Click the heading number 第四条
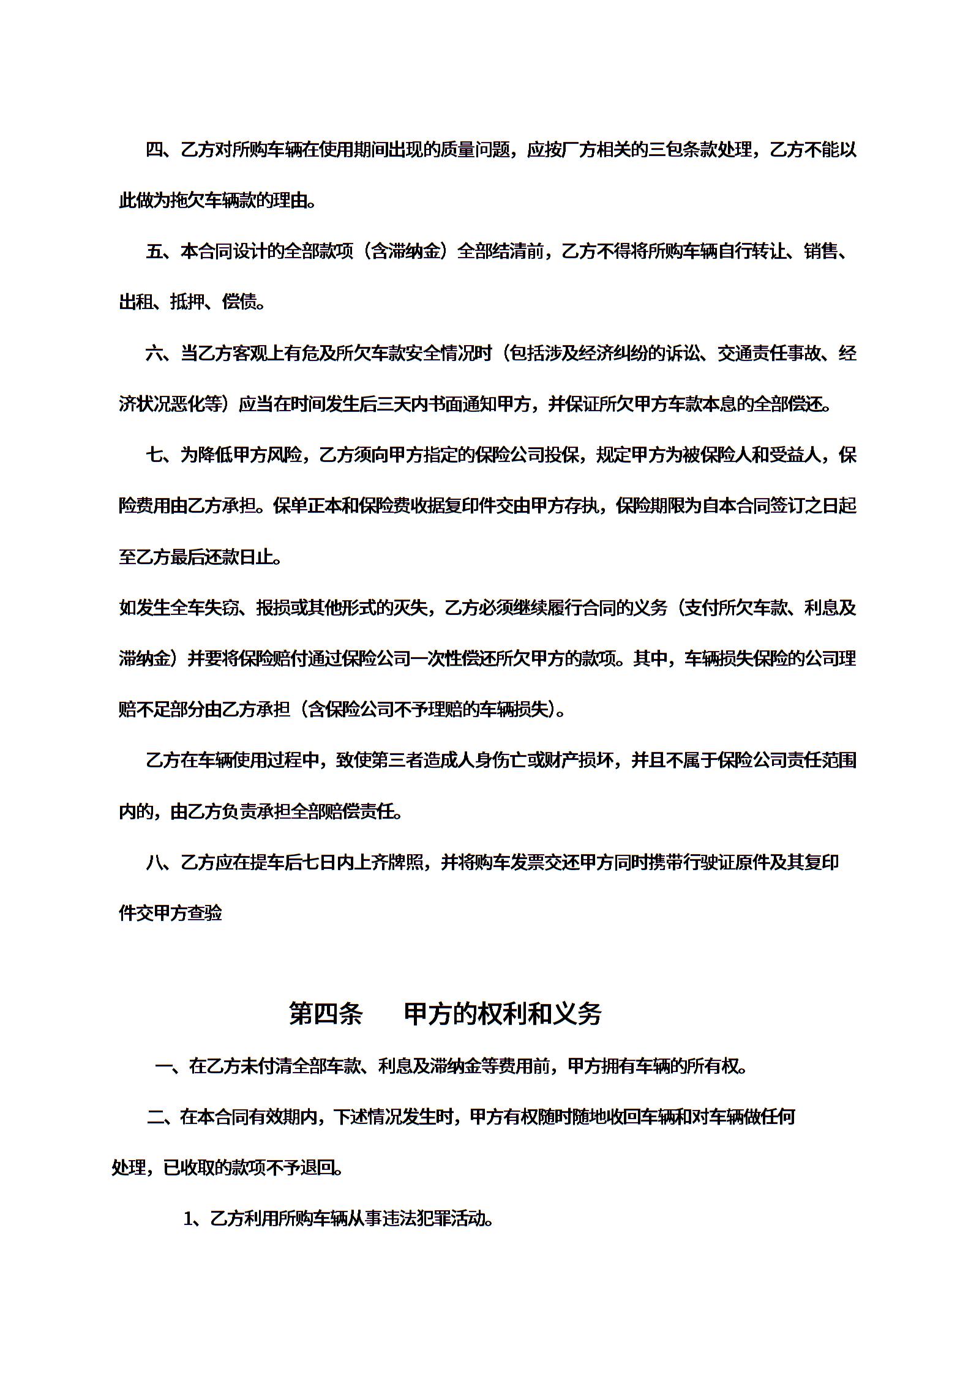(325, 1013)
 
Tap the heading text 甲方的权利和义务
(503, 1013)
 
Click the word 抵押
(187, 302)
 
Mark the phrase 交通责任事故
(768, 353)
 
